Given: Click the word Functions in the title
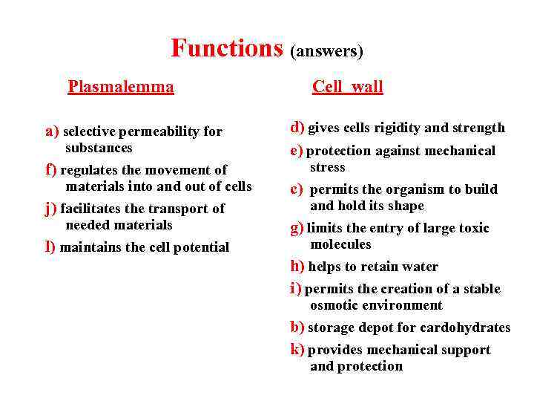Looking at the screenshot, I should [227, 48].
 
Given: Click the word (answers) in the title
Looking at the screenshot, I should [326, 51].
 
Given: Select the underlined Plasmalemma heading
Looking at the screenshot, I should [121, 87].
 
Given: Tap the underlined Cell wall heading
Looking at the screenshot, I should [347, 87].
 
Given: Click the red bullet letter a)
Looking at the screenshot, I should [52, 131].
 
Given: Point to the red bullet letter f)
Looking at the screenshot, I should [51, 169].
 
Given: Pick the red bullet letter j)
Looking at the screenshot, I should [51, 208].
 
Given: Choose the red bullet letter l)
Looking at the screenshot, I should [50, 247].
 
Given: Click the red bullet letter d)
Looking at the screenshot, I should [297, 127].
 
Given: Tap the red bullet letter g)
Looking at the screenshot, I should [297, 228].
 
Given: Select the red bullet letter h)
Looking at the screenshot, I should [297, 266].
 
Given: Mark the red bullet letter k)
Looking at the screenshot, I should [297, 349].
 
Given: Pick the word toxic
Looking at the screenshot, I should [472, 228].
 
